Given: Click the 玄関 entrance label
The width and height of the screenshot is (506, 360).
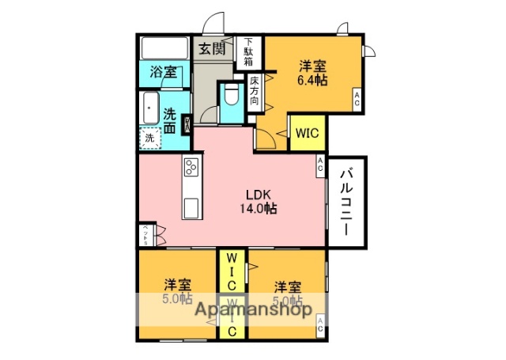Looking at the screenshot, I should pos(211,47).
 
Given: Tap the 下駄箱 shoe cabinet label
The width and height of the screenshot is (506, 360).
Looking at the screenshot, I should pos(248,51).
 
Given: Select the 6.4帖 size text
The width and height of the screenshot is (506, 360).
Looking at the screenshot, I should pos(313,80).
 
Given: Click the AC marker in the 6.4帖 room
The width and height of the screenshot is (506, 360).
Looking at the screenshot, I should pos(357,100).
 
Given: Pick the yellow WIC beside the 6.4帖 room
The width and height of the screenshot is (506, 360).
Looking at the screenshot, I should pos(307,134).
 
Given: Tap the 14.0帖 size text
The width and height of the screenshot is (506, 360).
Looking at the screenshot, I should pos(259,209).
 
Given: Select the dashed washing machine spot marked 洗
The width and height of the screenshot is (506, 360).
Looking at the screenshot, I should pos(150,138).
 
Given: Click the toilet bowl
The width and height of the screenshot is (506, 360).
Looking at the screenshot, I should pos(232,100).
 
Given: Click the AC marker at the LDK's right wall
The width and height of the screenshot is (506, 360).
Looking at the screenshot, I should pos(320,165).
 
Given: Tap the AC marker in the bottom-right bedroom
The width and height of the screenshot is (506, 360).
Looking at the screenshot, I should pos(320,324).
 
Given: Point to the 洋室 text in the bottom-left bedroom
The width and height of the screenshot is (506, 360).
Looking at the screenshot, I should pos(177,283).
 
